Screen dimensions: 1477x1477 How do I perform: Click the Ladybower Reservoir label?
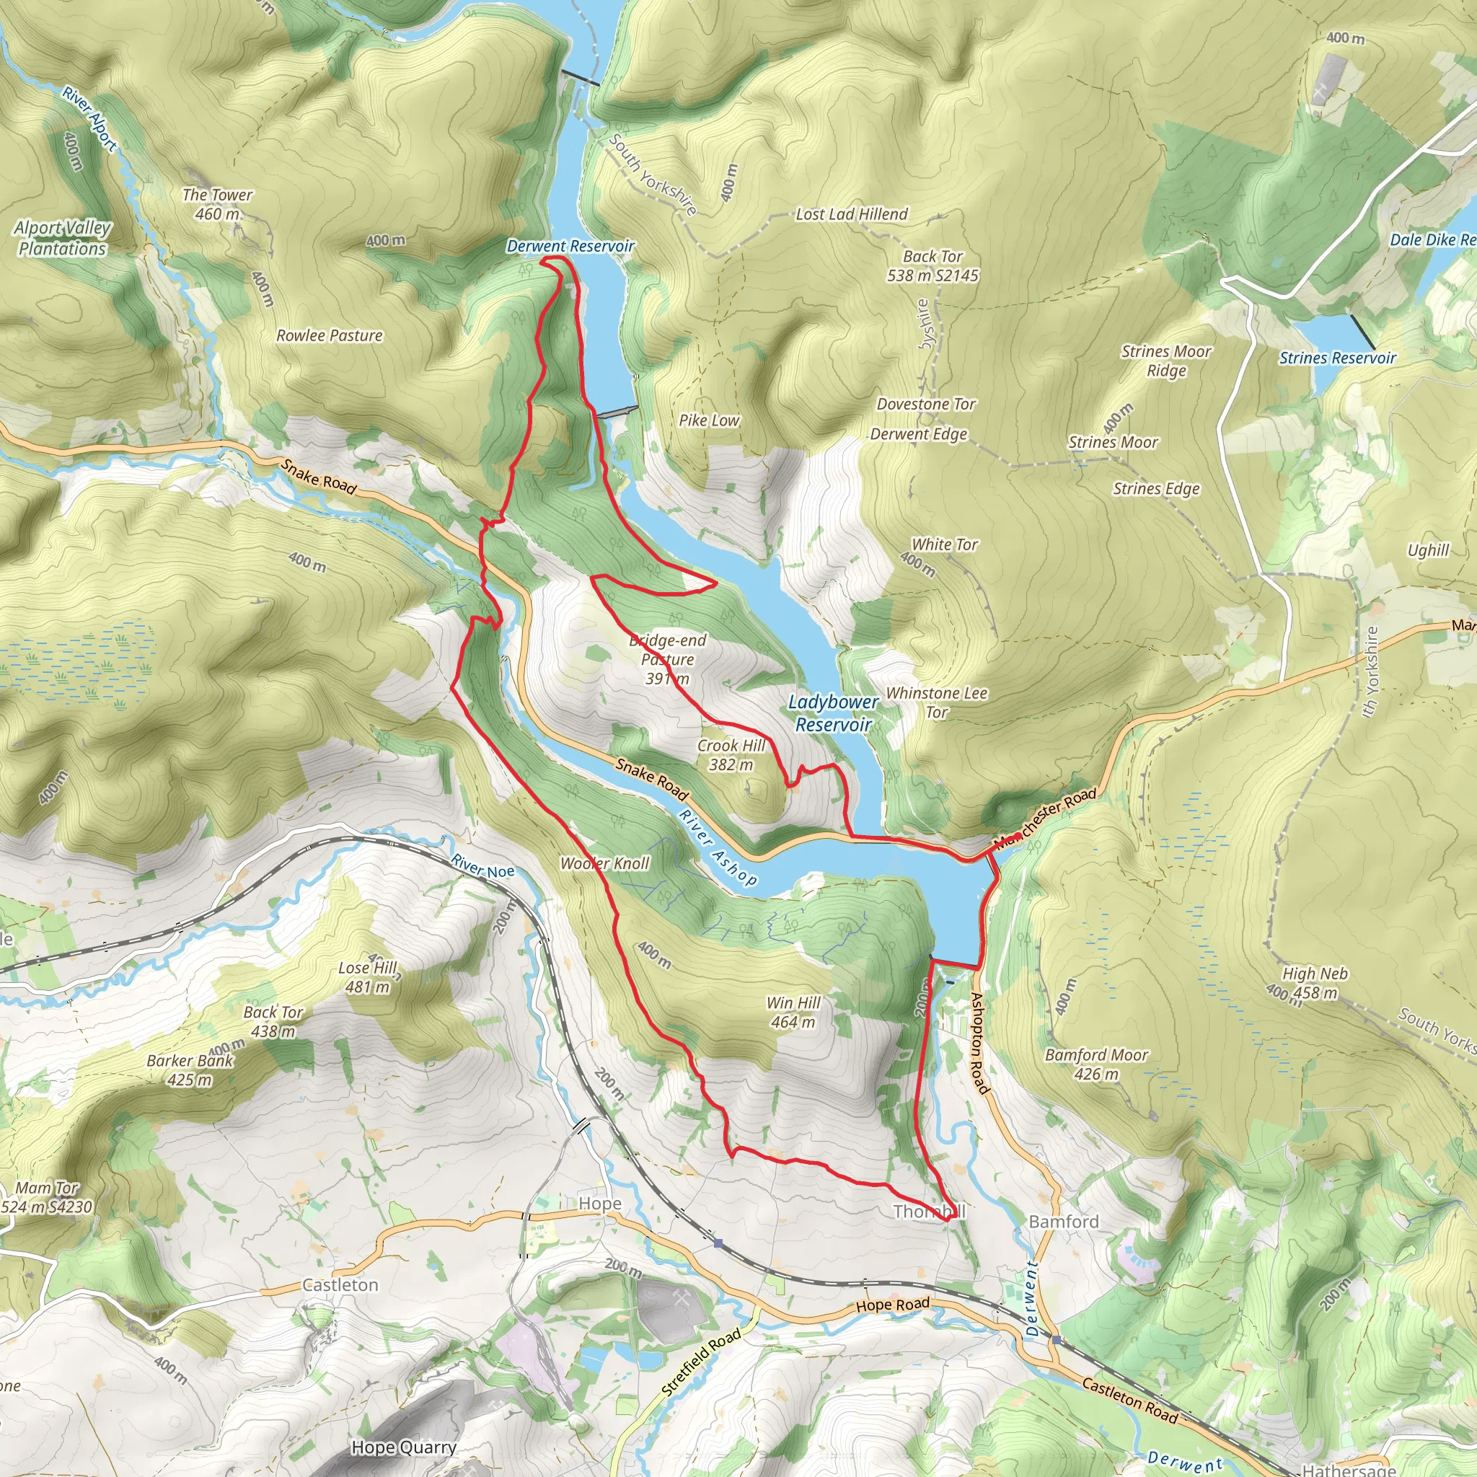pos(833,713)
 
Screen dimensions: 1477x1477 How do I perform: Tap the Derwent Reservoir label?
pos(570,246)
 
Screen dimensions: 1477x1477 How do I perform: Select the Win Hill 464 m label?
pos(793,1012)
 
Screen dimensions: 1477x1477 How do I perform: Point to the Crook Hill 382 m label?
pos(730,754)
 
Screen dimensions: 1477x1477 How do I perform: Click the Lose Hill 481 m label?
pos(368,977)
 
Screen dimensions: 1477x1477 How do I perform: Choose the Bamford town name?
pos(1064,1222)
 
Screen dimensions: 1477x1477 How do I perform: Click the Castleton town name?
pos(340,1285)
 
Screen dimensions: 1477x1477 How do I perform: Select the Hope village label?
pos(599,1204)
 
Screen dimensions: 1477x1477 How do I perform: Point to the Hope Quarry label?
pos(404,1447)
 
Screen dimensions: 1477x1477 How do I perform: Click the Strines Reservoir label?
pos(1337,358)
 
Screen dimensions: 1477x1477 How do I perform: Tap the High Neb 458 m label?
pos(1314,983)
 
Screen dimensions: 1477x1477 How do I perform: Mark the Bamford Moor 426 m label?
pos(1096,1064)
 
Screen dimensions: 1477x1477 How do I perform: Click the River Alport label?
pos(89,119)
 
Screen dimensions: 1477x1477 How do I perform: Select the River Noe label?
pos(482,867)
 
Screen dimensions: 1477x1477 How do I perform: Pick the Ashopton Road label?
pos(979,1043)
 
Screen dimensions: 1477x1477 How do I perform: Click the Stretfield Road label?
pos(701,1362)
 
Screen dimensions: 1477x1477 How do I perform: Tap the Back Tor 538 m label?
pos(932,265)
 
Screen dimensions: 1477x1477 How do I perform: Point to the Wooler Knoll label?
pos(604,863)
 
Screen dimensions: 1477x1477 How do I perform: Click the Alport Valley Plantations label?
pos(63,238)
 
